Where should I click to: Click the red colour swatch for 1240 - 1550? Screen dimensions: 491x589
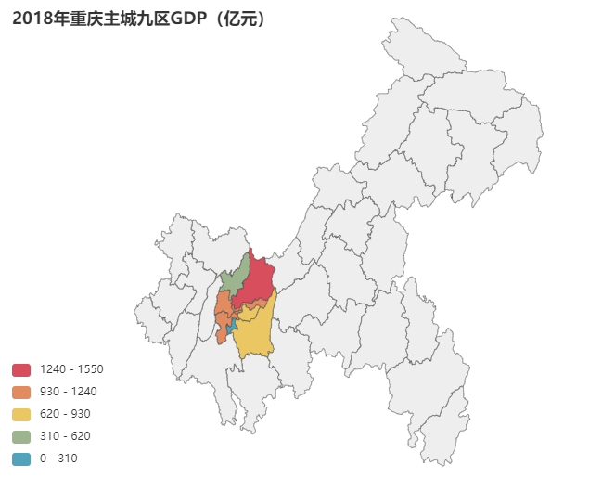coord(21,369)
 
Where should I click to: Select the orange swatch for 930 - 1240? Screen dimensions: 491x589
coord(21,392)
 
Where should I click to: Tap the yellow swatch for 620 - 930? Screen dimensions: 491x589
coord(21,414)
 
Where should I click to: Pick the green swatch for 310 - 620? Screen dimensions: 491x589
coord(21,436)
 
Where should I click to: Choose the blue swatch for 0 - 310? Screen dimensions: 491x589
coord(21,459)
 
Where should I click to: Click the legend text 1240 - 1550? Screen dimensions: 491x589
coord(71,369)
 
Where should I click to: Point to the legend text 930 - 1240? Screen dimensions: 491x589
coord(69,392)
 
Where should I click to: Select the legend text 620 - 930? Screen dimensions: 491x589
coord(65,414)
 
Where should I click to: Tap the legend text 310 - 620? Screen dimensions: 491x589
coord(65,436)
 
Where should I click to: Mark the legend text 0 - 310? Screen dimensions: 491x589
coord(58,459)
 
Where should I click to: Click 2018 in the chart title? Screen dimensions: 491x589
coord(32,19)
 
